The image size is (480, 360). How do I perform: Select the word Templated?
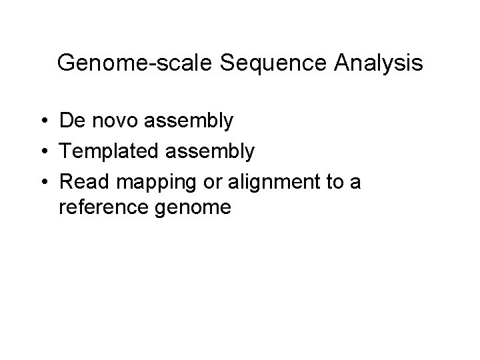(107, 152)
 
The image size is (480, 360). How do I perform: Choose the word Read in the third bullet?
(82, 181)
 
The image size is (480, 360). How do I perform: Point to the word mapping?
(151, 182)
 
